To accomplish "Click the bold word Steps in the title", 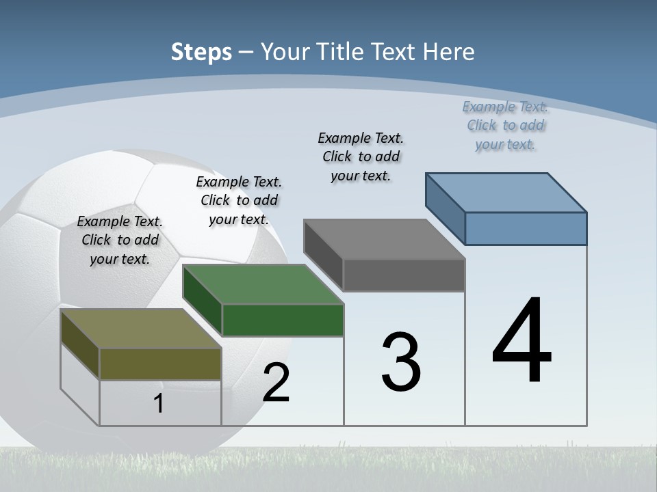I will click(201, 53).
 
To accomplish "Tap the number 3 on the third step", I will click(401, 362).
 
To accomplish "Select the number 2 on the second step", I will click(276, 383).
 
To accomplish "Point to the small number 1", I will click(159, 404).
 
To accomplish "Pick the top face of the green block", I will click(263, 284).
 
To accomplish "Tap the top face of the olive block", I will click(141, 329).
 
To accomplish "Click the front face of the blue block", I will click(526, 228).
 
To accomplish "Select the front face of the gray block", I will click(404, 275).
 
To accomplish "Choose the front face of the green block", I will click(283, 320).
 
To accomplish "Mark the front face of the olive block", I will click(160, 364).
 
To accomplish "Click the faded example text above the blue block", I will click(505, 125).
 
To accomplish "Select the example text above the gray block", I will click(361, 156).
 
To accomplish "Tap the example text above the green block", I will click(239, 200).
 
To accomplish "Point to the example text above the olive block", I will click(120, 240).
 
